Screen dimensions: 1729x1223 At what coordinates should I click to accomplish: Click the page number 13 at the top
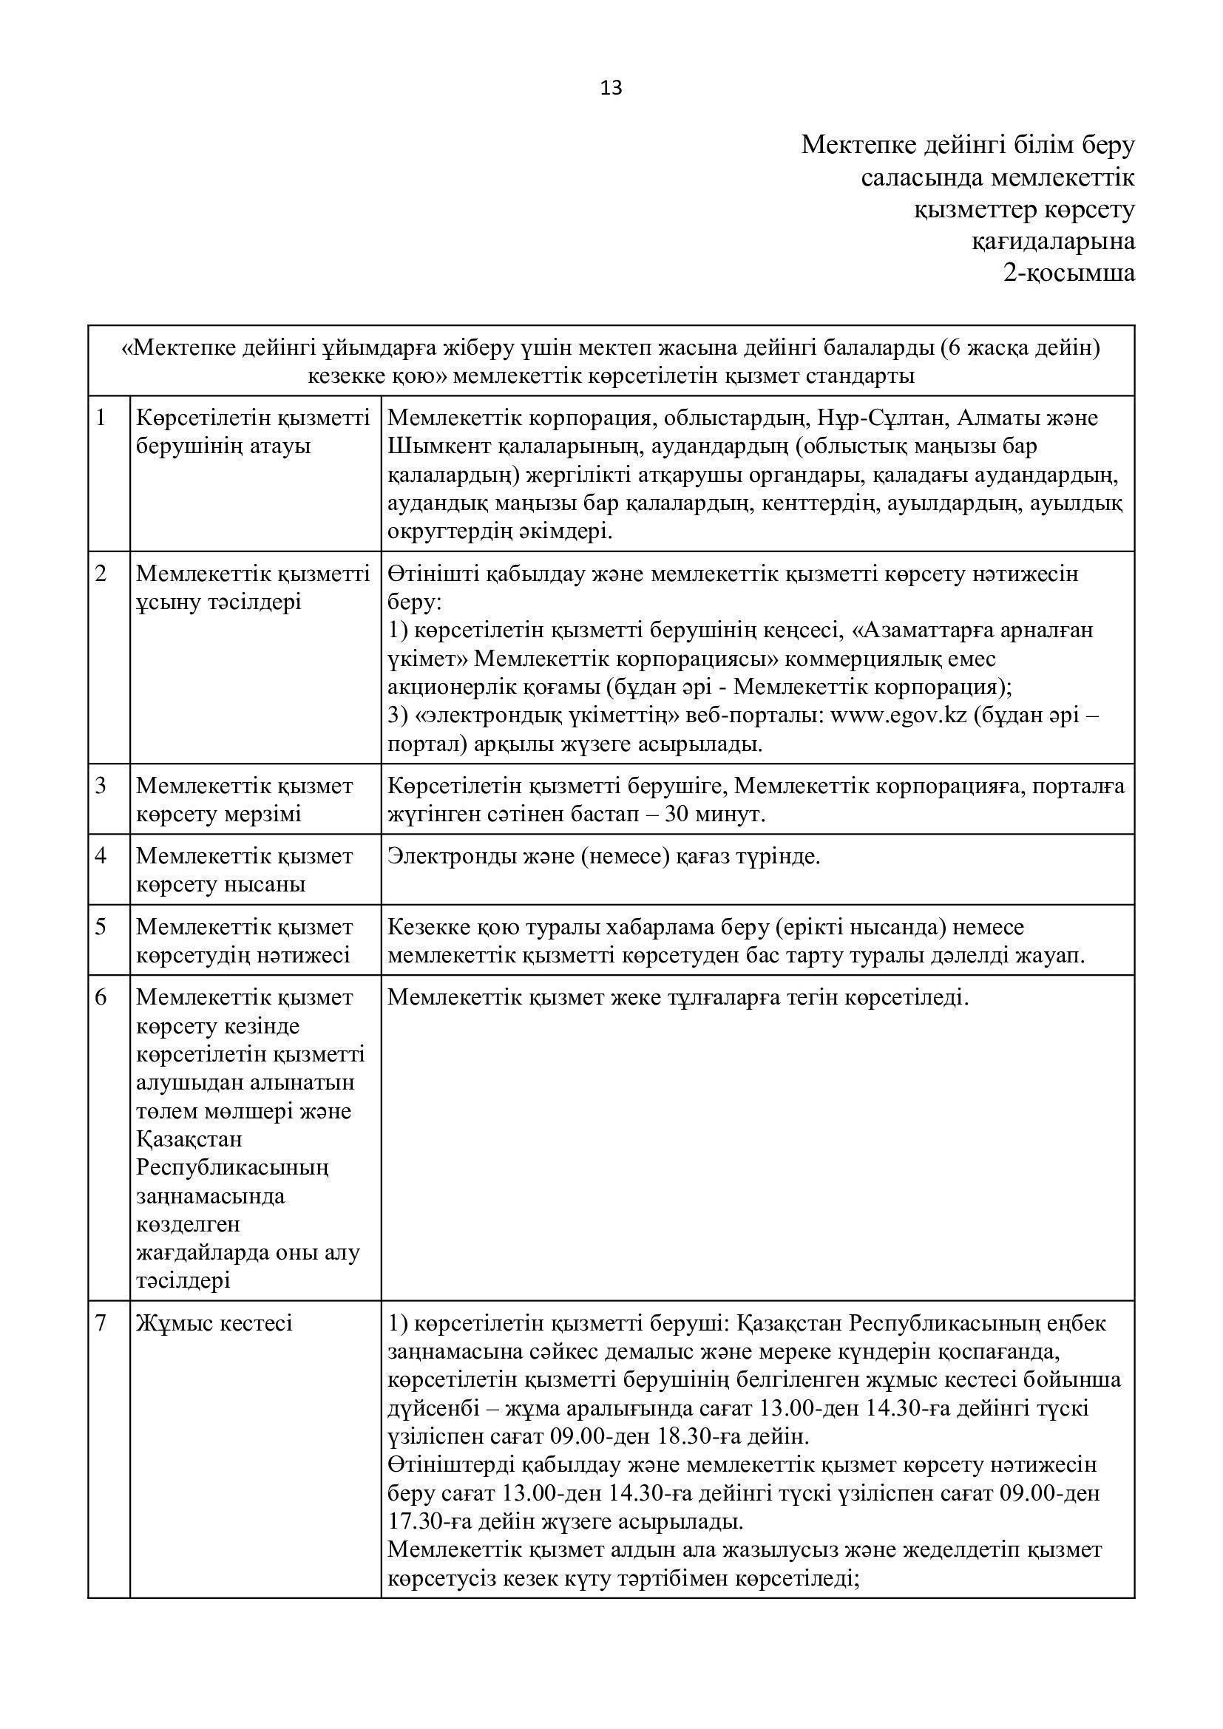point(611,89)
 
